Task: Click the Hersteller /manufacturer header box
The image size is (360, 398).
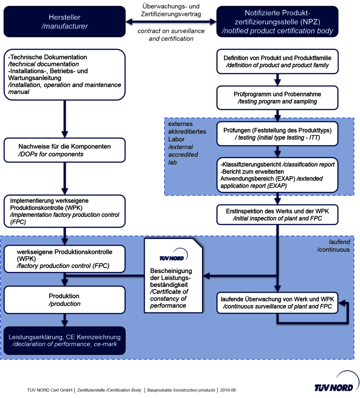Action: pos(64,22)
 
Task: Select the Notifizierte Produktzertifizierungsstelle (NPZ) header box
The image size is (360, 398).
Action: pos(277,22)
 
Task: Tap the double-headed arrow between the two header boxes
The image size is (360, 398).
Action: pos(171,21)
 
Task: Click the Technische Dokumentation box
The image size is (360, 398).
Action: pos(64,74)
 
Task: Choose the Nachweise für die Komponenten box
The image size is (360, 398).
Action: pos(64,150)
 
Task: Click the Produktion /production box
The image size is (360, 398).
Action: pos(64,300)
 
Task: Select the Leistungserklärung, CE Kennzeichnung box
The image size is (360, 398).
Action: pos(64,340)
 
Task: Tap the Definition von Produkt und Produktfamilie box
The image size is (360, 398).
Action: pos(277,61)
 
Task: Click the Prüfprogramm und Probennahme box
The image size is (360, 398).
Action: pos(277,98)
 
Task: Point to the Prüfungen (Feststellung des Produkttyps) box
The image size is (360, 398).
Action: pos(277,134)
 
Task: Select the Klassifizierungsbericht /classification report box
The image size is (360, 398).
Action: pos(277,175)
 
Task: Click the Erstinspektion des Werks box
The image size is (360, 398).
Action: pos(277,215)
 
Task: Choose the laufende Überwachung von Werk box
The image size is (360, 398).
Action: pos(277,303)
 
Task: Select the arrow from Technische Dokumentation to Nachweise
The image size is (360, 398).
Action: pos(64,119)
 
